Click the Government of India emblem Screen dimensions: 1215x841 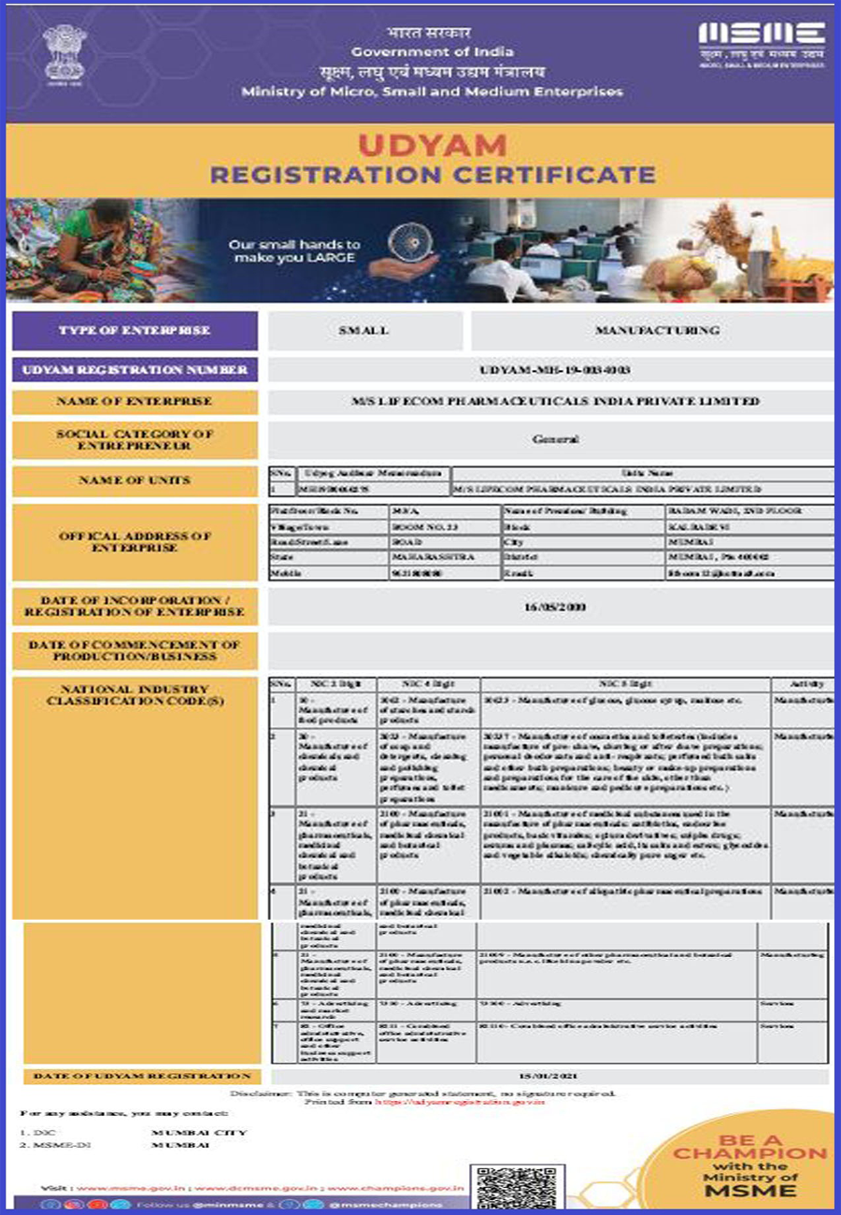click(x=64, y=55)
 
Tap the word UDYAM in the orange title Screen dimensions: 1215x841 click(x=433, y=145)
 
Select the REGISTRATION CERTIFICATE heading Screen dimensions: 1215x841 click(x=433, y=174)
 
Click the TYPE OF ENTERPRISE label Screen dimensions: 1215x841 click(x=135, y=331)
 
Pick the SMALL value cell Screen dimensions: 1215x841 click(x=364, y=331)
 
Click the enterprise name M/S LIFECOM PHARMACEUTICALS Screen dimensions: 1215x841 click(x=551, y=402)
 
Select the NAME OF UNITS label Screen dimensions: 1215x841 click(x=135, y=480)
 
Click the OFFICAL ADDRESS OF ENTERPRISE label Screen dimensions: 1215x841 click(x=135, y=542)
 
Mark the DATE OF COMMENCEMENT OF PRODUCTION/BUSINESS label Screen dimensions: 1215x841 click(x=135, y=650)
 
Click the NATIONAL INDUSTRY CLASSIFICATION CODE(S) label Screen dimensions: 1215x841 click(x=135, y=695)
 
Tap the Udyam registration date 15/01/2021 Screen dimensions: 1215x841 click(x=552, y=1077)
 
